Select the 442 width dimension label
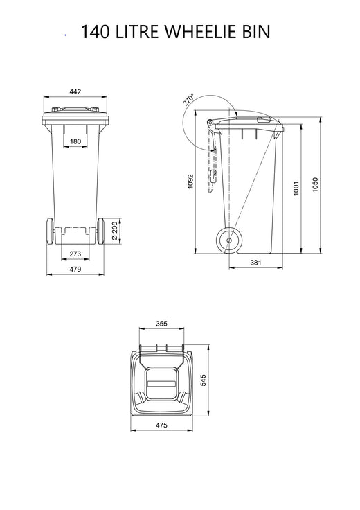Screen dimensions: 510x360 pos(75,91)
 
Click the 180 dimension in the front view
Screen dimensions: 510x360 pos(75,142)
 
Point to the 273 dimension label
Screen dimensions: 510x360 pos(75,254)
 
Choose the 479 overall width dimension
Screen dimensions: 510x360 pos(75,269)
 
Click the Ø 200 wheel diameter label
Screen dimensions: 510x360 pos(114,231)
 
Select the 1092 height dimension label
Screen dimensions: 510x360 pos(190,182)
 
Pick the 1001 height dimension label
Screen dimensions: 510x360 pos(296,188)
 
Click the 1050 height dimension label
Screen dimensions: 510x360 pos(315,185)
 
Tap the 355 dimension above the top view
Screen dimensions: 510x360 pos(162,324)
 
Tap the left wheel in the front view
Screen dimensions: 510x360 pos(49,230)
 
